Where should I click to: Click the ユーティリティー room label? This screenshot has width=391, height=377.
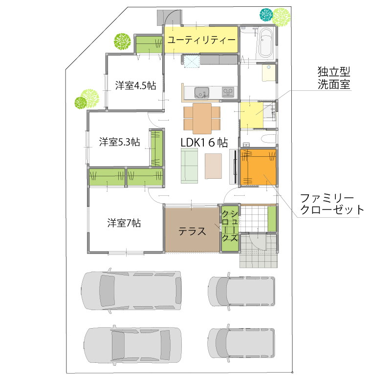201,40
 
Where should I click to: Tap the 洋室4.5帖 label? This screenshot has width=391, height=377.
135,85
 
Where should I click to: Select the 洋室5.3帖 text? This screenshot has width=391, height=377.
119,142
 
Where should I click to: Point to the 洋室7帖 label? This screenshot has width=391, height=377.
124,223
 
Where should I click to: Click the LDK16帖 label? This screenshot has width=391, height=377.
204,143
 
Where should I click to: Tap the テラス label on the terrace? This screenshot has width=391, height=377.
192,231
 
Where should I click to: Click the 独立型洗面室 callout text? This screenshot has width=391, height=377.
334,78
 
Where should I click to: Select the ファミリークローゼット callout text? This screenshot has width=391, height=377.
332,204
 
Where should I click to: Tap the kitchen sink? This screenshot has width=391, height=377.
202,93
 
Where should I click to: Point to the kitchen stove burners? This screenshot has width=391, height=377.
228,92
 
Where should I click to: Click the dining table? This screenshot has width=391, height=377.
202,119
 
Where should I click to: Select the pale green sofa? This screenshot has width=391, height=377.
189,166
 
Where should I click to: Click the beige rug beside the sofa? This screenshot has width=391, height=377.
213,166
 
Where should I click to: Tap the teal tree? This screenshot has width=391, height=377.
266,15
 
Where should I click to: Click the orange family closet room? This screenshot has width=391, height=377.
259,167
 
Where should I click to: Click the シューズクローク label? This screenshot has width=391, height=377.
230,226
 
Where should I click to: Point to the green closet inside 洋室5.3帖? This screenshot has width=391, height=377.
157,148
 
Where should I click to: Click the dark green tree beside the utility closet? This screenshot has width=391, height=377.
122,42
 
